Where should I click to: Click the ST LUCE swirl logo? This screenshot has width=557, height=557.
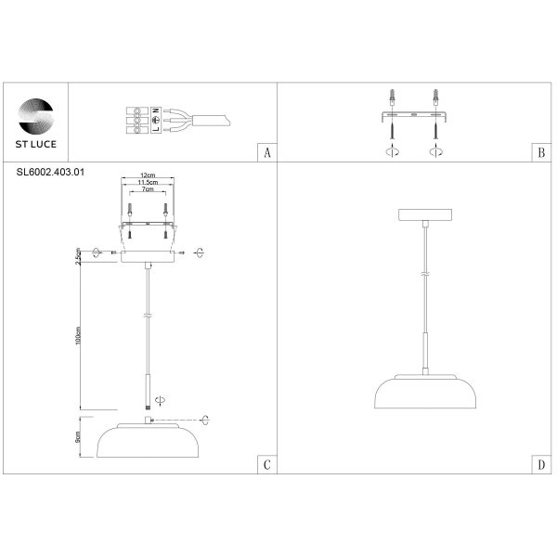37,114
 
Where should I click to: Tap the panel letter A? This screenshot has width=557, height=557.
267,153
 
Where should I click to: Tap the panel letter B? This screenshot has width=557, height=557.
540,153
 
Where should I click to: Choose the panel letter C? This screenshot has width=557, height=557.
267,464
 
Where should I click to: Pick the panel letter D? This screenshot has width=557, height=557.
540,464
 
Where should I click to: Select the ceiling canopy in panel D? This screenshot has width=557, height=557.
424,215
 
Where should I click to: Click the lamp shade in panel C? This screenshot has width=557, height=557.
149,441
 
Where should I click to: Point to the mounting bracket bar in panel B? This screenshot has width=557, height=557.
414,117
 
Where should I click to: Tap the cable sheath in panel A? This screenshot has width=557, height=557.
214,120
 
